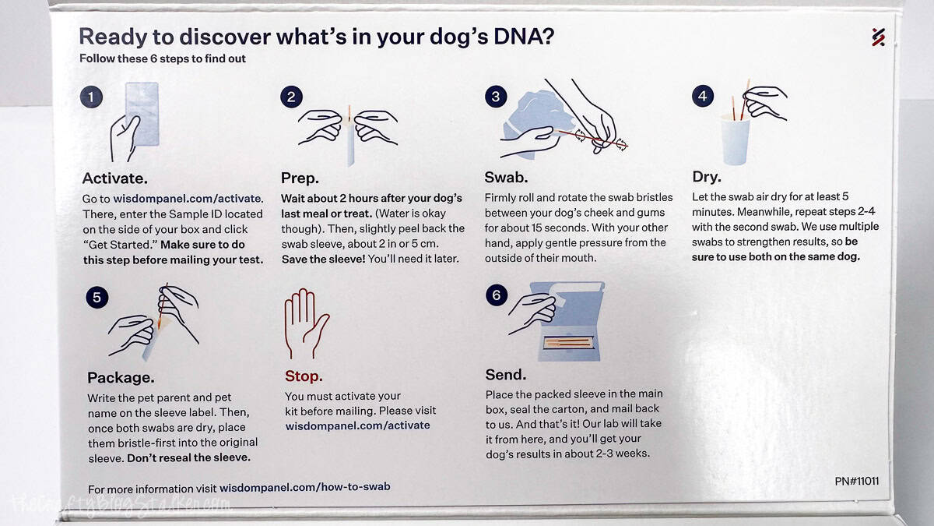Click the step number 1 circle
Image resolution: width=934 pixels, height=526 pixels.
91,97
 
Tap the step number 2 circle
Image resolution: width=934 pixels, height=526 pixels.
291,97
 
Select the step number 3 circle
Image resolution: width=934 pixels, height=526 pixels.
496,97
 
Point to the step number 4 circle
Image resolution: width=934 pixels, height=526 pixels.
702,97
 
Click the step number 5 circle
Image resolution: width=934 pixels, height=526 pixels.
97,297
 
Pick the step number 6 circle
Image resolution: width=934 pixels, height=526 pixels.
496,295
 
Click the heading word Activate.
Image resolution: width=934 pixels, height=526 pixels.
114,177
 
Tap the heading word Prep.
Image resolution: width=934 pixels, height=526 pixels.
300,177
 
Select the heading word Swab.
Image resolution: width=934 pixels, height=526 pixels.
506,177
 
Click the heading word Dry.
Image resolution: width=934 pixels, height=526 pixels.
707,177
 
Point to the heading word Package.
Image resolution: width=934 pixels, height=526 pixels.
121,377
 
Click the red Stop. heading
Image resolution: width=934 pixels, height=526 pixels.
304,376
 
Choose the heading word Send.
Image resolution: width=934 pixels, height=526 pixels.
506,375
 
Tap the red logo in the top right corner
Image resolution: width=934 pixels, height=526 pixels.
878,37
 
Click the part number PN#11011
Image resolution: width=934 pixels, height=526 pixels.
856,481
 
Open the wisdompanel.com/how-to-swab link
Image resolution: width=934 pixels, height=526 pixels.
304,487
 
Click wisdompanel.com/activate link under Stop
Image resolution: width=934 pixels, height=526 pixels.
357,425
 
